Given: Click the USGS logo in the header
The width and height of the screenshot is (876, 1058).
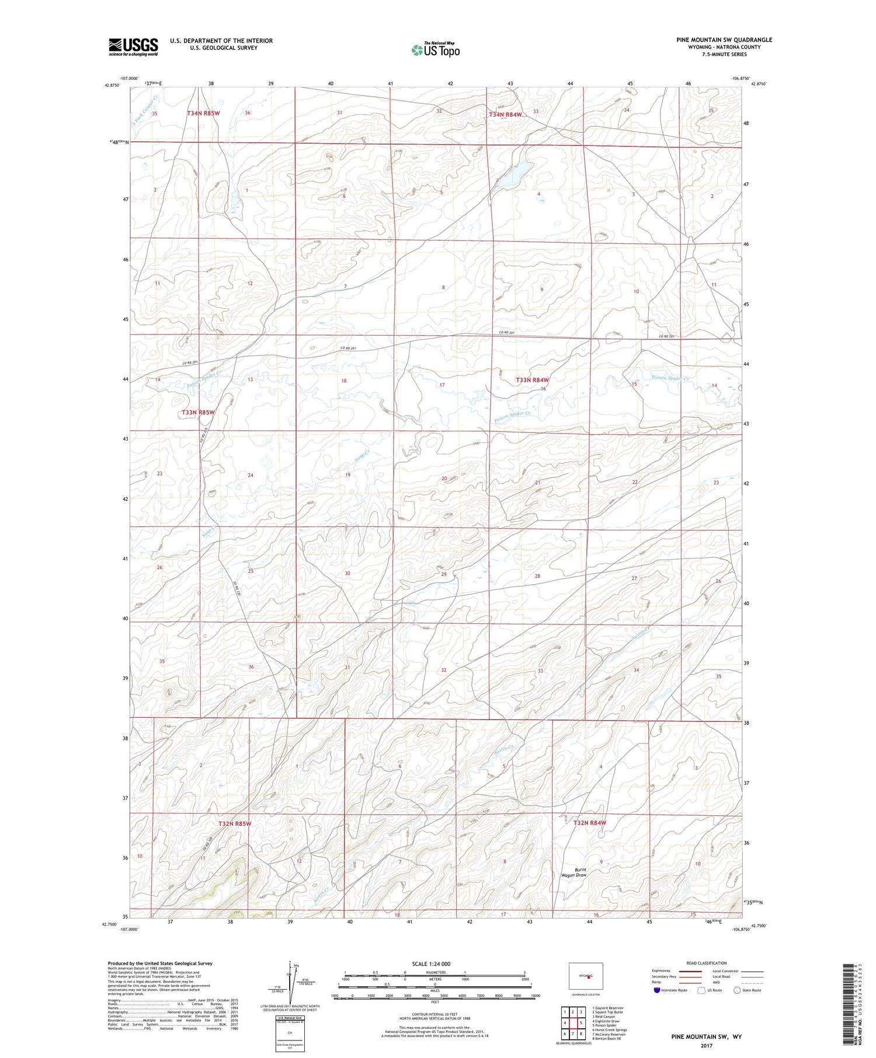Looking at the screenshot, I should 133,47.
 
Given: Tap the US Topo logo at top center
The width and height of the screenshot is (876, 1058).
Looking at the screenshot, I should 435,50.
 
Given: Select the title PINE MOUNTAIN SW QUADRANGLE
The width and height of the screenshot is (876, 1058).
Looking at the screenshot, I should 724,40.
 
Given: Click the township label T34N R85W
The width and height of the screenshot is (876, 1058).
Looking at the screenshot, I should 203,113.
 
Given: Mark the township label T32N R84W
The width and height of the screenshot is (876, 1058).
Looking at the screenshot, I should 589,823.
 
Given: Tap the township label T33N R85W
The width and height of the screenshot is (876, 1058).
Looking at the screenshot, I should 198,413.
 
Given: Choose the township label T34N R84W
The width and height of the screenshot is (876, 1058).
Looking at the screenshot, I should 505,115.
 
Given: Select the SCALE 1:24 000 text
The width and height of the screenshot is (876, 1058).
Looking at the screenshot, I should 430,963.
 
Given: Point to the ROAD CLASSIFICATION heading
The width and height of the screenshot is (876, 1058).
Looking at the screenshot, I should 707,963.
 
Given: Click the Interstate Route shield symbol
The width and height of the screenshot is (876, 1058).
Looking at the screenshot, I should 657,990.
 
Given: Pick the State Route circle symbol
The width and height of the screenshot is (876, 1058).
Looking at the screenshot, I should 737,990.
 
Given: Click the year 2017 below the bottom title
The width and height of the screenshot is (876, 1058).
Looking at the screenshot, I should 705,1045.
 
